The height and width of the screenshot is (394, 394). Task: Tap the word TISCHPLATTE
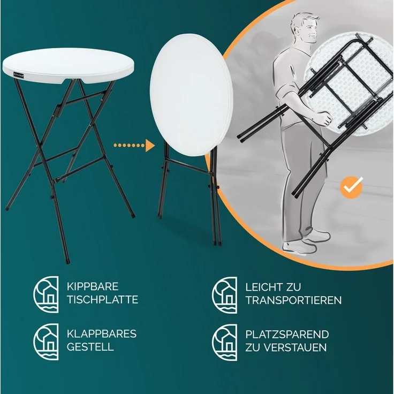(x=103, y=299)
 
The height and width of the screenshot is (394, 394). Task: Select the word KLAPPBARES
(x=102, y=334)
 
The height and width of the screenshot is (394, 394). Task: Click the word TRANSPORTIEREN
(x=293, y=300)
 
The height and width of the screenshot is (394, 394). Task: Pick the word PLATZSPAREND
(x=287, y=334)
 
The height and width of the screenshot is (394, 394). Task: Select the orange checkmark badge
(x=352, y=187)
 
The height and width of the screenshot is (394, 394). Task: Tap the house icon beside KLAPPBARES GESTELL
(x=47, y=340)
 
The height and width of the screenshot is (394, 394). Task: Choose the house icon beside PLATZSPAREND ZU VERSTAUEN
(x=225, y=340)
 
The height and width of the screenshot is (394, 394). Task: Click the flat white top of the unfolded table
(x=67, y=62)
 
